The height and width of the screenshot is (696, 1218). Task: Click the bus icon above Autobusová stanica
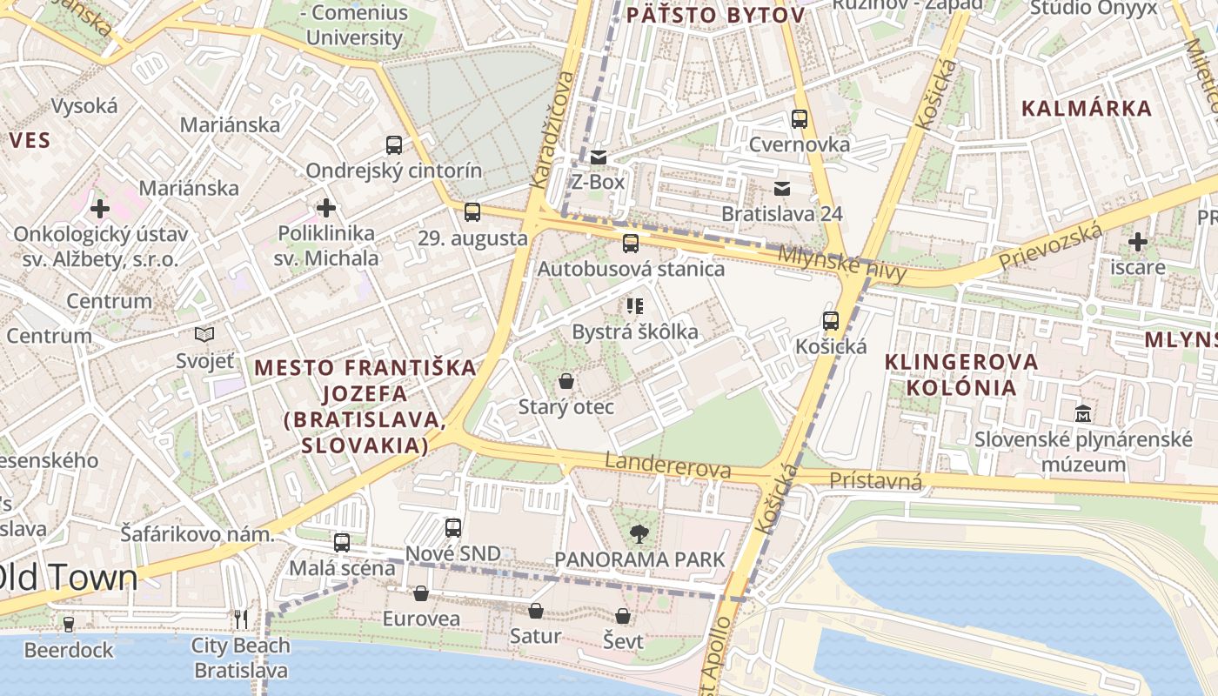pyautogui.click(x=631, y=244)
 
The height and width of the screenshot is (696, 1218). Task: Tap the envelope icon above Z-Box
pyautogui.click(x=599, y=157)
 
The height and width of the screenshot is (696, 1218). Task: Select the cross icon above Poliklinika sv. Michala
pyautogui.click(x=326, y=208)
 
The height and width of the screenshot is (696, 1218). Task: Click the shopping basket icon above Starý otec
pyautogui.click(x=566, y=381)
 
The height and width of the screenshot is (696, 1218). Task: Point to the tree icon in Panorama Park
pyautogui.click(x=640, y=533)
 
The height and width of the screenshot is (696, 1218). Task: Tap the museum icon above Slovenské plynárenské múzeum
pyautogui.click(x=1083, y=413)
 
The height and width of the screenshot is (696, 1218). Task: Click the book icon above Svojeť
pyautogui.click(x=204, y=334)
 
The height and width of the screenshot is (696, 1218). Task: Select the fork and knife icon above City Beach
pyautogui.click(x=241, y=619)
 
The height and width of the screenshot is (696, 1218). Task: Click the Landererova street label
pyautogui.click(x=668, y=466)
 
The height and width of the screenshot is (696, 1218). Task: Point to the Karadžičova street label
pyautogui.click(x=552, y=130)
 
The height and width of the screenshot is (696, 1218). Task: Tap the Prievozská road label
pyautogui.click(x=1050, y=247)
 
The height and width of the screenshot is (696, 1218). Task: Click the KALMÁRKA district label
pyautogui.click(x=1087, y=109)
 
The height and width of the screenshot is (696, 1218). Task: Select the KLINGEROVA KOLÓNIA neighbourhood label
pyautogui.click(x=961, y=374)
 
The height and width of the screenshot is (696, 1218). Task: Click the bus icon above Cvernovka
pyautogui.click(x=800, y=119)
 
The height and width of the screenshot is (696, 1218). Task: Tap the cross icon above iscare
pyautogui.click(x=1137, y=242)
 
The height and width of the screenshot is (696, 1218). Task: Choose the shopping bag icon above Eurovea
pyautogui.click(x=421, y=593)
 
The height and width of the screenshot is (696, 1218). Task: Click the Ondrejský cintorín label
pyautogui.click(x=393, y=171)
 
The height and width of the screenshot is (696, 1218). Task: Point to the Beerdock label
pyautogui.click(x=69, y=650)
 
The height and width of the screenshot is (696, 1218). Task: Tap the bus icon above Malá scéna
pyautogui.click(x=342, y=543)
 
